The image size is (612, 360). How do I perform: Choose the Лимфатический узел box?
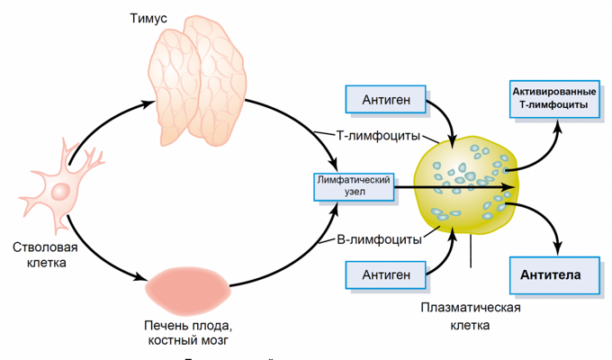click(x=354, y=186)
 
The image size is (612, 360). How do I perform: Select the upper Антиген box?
click(x=387, y=99)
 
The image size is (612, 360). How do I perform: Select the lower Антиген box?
click(x=387, y=274)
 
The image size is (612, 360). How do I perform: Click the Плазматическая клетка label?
click(x=471, y=316)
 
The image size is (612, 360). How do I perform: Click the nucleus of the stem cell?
click(x=61, y=191)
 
